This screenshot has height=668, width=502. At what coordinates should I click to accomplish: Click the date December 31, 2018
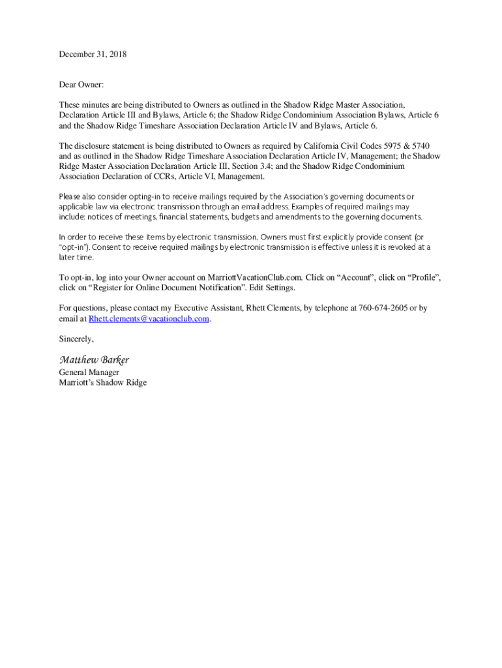pos(93,55)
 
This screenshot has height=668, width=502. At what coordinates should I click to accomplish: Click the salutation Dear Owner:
pos(81,85)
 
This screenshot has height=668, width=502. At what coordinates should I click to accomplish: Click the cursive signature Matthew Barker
pos(94,359)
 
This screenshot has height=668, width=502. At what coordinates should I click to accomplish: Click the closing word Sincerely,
pos(76,339)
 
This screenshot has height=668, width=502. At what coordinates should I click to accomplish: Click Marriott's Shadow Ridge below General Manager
pos(103,383)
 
